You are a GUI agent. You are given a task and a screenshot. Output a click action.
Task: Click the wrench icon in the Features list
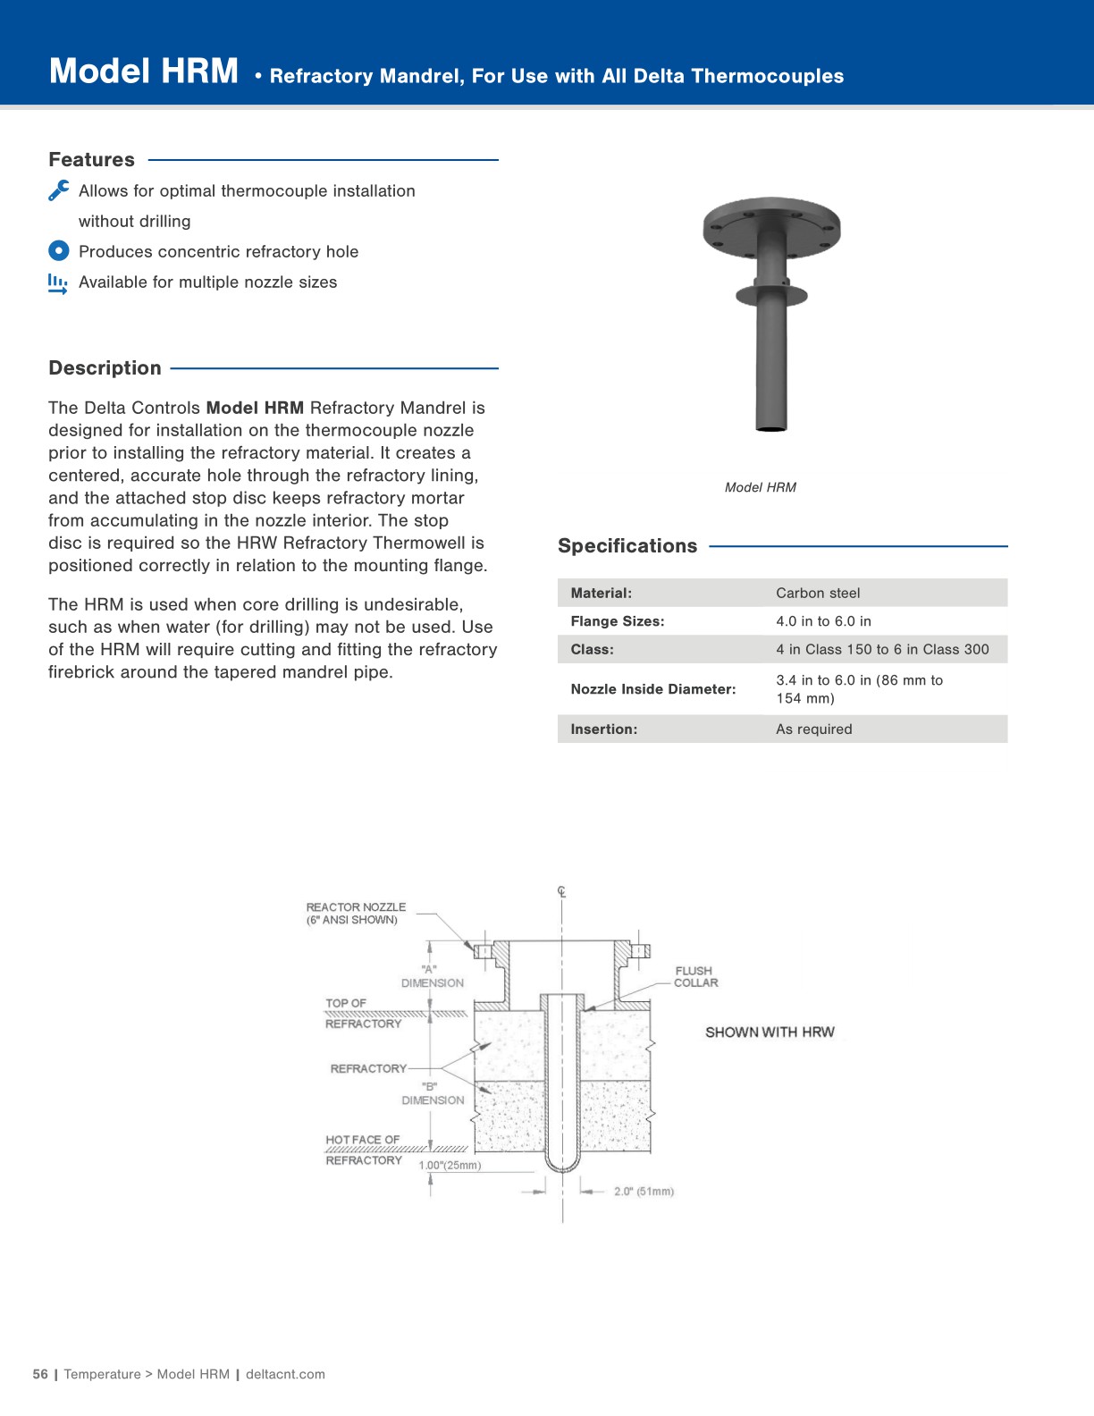tap(59, 190)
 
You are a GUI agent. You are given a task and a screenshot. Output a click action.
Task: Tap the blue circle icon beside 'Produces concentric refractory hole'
tap(58, 251)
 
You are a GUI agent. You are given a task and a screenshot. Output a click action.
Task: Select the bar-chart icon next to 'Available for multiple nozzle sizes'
tap(58, 283)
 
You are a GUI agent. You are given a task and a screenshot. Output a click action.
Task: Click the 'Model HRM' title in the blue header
tap(144, 72)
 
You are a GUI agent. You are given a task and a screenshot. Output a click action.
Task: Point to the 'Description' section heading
tap(105, 368)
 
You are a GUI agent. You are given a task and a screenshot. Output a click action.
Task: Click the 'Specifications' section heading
tap(627, 546)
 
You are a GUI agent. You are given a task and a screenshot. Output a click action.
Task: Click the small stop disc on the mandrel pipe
tap(771, 294)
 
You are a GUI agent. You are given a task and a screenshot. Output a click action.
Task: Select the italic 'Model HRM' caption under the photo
tap(760, 487)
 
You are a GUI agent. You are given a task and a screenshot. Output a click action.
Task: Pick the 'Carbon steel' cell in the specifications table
tap(818, 593)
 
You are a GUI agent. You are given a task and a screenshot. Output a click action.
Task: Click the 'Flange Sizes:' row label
tap(618, 621)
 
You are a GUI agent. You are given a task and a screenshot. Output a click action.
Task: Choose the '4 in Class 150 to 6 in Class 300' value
tap(882, 649)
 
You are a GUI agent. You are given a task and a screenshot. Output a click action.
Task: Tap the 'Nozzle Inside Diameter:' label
tap(653, 689)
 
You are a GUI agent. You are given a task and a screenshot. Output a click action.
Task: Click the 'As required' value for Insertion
tap(813, 729)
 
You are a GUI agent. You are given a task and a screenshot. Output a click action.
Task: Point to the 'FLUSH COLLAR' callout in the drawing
tap(695, 976)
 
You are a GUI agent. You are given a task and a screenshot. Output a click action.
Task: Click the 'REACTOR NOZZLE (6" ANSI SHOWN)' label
tap(356, 913)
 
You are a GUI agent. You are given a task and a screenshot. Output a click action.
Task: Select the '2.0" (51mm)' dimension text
tap(644, 1192)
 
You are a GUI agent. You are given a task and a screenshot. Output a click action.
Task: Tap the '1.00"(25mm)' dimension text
tap(450, 1165)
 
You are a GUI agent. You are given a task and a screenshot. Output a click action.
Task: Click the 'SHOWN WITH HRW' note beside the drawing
tap(770, 1032)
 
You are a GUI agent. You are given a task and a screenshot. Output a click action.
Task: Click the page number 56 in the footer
tap(40, 1374)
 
